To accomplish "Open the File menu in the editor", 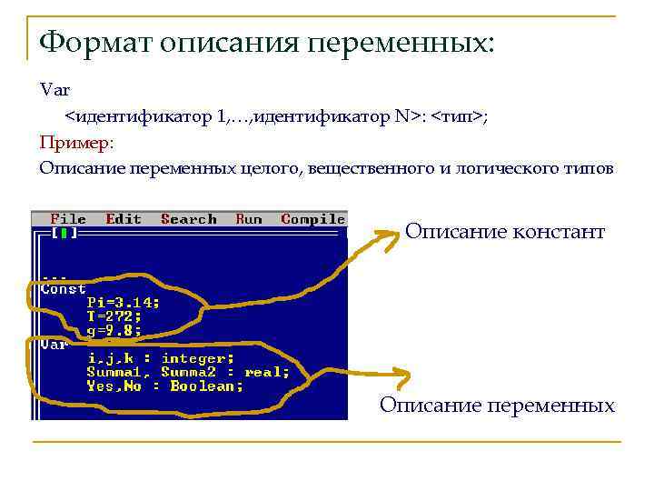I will point(68,219).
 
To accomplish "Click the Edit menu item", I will point(124,219).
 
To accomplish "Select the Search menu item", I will point(189,219).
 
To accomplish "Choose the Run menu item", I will point(249,219).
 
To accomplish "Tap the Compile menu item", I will point(313,219).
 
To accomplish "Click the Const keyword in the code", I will point(64,289).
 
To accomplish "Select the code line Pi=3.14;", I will point(124,303).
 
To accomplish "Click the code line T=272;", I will point(114,316).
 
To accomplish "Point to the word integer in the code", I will point(198,358).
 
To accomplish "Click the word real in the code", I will point(267,372).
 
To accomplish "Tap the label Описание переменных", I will point(497,405).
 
